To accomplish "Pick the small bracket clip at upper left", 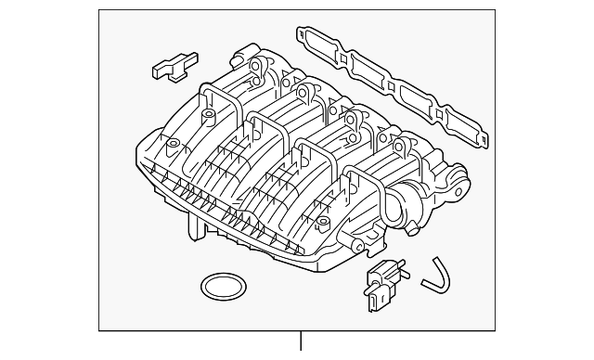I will pyautogui.click(x=172, y=66).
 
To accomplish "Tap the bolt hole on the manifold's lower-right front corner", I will pyautogui.click(x=322, y=224).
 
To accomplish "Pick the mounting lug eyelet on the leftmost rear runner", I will pyautogui.click(x=255, y=67).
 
